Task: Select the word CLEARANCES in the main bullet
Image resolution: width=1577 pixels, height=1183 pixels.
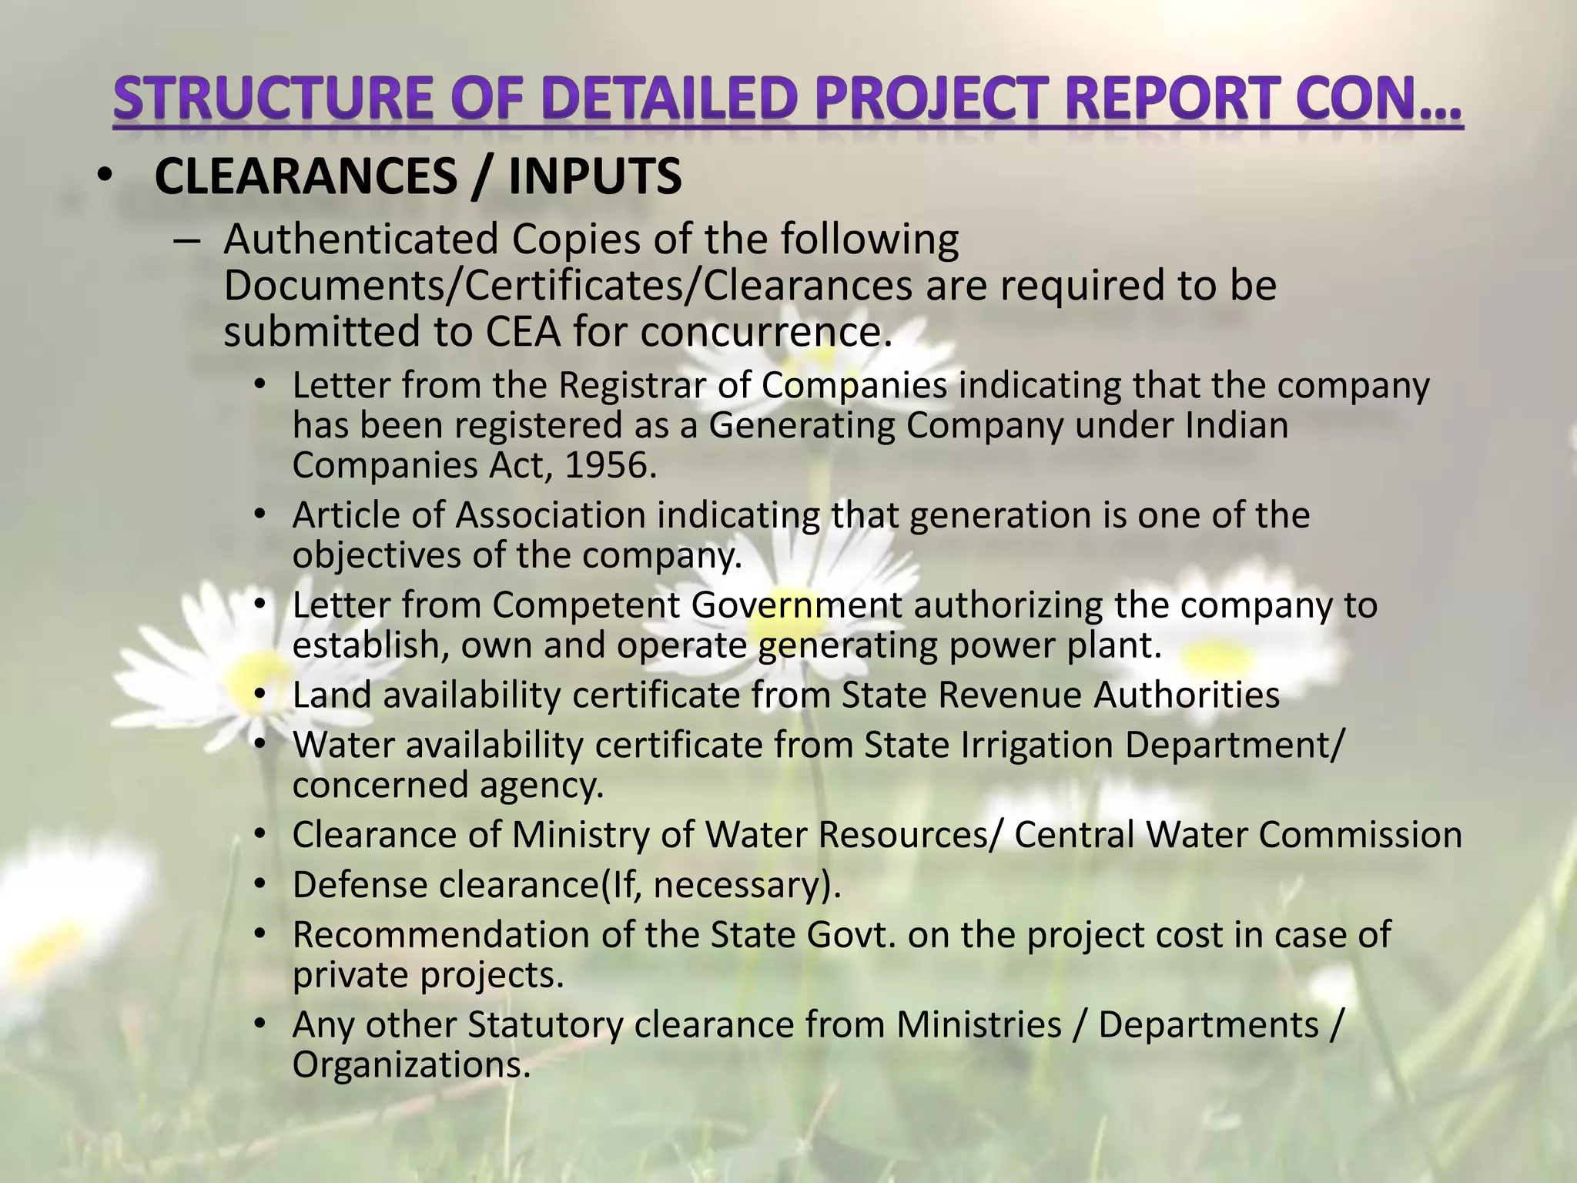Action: point(306,176)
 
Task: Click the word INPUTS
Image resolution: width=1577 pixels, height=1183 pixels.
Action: point(594,176)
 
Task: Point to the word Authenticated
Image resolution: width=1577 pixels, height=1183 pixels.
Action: point(361,240)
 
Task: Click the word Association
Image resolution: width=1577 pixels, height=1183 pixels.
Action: point(551,515)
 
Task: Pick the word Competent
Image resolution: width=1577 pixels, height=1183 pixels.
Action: point(585,605)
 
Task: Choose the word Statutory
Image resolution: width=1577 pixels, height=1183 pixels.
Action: point(544,1025)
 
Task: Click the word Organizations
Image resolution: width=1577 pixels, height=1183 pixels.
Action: point(410,1065)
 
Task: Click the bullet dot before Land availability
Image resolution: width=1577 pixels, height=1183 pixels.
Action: point(260,695)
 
